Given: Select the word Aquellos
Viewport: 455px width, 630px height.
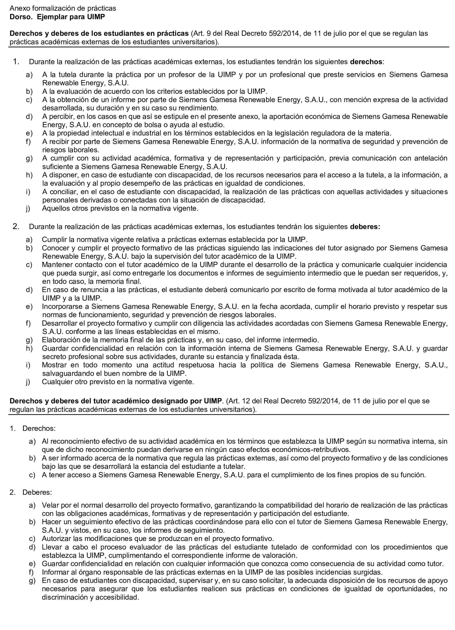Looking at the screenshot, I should click(55, 208).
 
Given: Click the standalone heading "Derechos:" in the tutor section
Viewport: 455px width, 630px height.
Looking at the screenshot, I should click(39, 428).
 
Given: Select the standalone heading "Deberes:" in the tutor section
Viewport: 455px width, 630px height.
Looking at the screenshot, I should click(37, 492).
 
